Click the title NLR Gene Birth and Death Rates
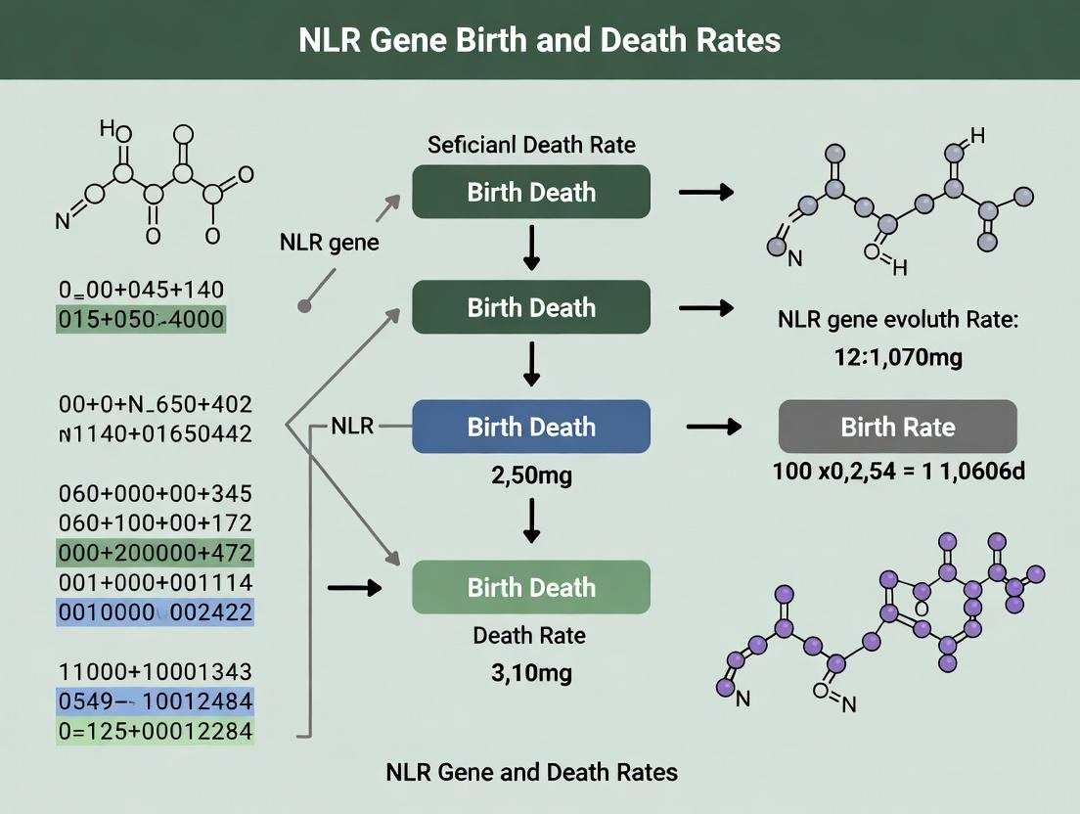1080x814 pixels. [x=539, y=40]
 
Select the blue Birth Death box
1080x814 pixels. [x=531, y=427]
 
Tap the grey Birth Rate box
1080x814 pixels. [x=897, y=427]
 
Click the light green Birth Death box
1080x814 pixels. [x=531, y=587]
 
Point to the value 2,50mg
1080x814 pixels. [x=531, y=475]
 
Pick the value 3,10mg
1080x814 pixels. [x=531, y=672]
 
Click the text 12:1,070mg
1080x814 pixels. [x=897, y=357]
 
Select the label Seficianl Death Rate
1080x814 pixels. [x=531, y=145]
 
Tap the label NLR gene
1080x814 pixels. [x=330, y=243]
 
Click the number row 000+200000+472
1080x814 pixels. [x=156, y=553]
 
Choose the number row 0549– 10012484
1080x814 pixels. [x=156, y=701]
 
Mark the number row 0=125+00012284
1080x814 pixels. [x=156, y=731]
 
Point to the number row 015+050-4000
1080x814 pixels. [x=141, y=319]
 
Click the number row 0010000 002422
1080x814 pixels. [x=156, y=612]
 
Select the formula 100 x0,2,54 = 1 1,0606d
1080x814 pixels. [x=898, y=471]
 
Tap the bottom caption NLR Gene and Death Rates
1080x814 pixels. [x=531, y=772]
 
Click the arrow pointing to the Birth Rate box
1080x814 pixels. [x=713, y=427]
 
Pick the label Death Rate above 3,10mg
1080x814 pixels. [x=529, y=635]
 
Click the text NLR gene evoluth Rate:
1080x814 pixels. [x=897, y=320]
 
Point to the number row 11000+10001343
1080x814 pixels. [x=156, y=671]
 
